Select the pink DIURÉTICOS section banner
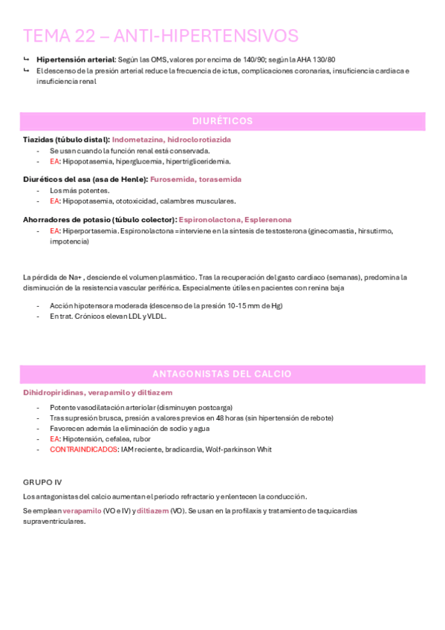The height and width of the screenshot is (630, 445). coord(222,121)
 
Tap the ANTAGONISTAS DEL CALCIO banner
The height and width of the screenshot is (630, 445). coord(222,374)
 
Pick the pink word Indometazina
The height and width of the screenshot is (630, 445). coord(138,140)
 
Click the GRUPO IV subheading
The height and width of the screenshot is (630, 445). coord(42,482)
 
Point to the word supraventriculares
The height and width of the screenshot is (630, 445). coord(54,522)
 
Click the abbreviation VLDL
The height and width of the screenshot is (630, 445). coord(157,316)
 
